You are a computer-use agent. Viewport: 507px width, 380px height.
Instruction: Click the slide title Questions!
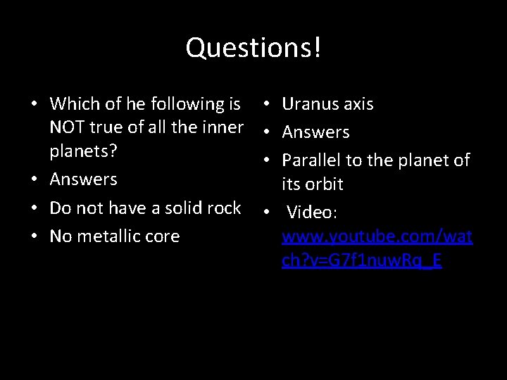254,48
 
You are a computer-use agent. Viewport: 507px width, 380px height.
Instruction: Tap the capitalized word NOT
70,128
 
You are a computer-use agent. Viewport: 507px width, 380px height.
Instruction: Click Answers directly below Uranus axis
315,132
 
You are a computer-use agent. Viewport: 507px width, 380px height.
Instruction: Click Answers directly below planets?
83,179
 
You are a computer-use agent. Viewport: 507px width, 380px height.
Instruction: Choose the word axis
359,104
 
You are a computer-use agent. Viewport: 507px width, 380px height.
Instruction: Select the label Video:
313,212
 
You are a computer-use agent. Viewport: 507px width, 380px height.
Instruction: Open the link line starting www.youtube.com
377,236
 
